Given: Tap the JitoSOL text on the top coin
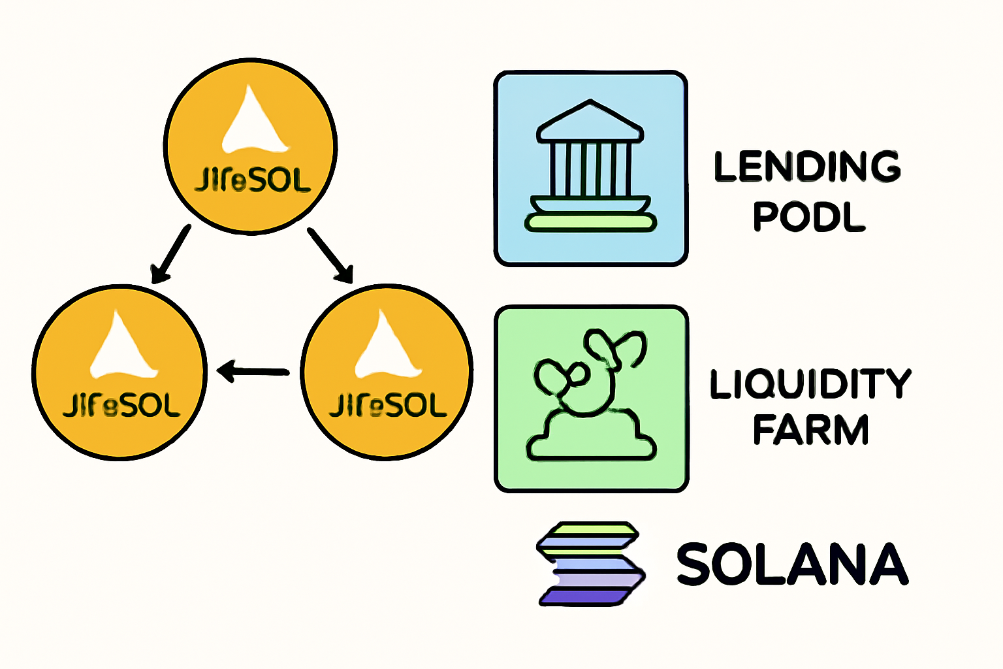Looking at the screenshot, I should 253,180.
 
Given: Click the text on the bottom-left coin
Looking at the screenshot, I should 121,405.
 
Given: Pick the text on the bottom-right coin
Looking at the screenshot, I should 388,405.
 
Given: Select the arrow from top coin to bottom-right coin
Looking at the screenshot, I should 330,255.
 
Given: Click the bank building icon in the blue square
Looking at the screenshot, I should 590,167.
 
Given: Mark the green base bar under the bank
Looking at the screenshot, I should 590,223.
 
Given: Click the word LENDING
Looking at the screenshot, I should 807,167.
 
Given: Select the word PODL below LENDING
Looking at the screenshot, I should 809,216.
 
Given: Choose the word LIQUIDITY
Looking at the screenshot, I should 810,383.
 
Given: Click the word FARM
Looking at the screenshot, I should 810,430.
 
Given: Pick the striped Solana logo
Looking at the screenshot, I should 590,564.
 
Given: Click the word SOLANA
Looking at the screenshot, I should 791,564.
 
